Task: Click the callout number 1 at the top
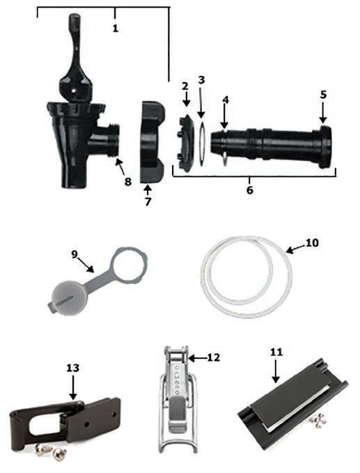tap(115, 29)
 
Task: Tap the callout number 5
tap(323, 95)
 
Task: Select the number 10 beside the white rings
tap(312, 243)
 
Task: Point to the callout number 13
tap(72, 368)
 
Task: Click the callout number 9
tap(75, 254)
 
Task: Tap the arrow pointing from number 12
tap(198, 358)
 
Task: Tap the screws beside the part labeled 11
tap(318, 419)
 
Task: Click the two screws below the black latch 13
tap(52, 451)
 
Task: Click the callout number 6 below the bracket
tap(250, 190)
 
